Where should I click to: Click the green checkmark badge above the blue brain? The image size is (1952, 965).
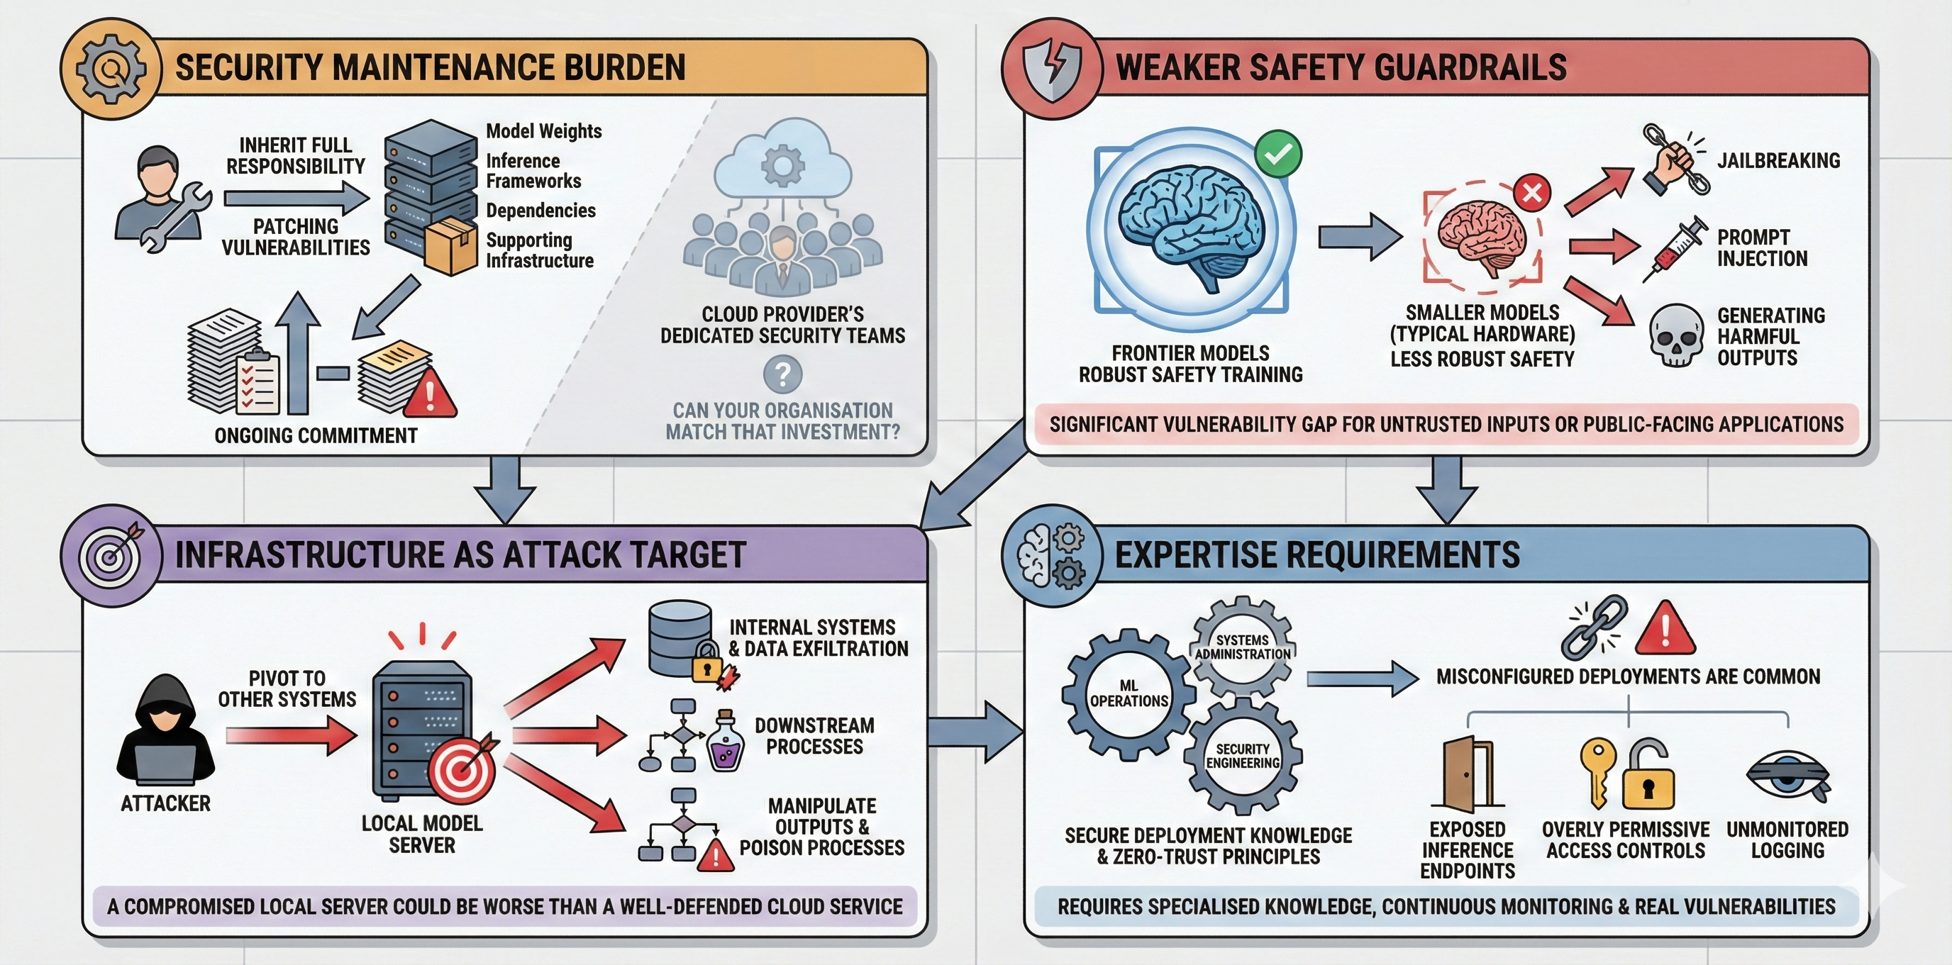1277,155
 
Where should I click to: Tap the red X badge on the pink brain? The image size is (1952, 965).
1531,192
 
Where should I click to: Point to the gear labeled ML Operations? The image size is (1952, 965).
1128,693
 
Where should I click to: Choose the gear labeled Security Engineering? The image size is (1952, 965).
1243,756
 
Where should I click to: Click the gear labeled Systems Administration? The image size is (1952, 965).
1243,647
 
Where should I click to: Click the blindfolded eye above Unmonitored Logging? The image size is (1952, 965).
1787,777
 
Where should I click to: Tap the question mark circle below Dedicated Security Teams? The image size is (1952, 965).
783,374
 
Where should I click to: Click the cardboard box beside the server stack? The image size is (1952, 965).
451,246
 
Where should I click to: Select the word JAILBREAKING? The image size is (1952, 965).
1778,160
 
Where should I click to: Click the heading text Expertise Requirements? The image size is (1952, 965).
1317,554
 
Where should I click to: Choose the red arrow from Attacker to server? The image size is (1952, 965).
291,735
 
